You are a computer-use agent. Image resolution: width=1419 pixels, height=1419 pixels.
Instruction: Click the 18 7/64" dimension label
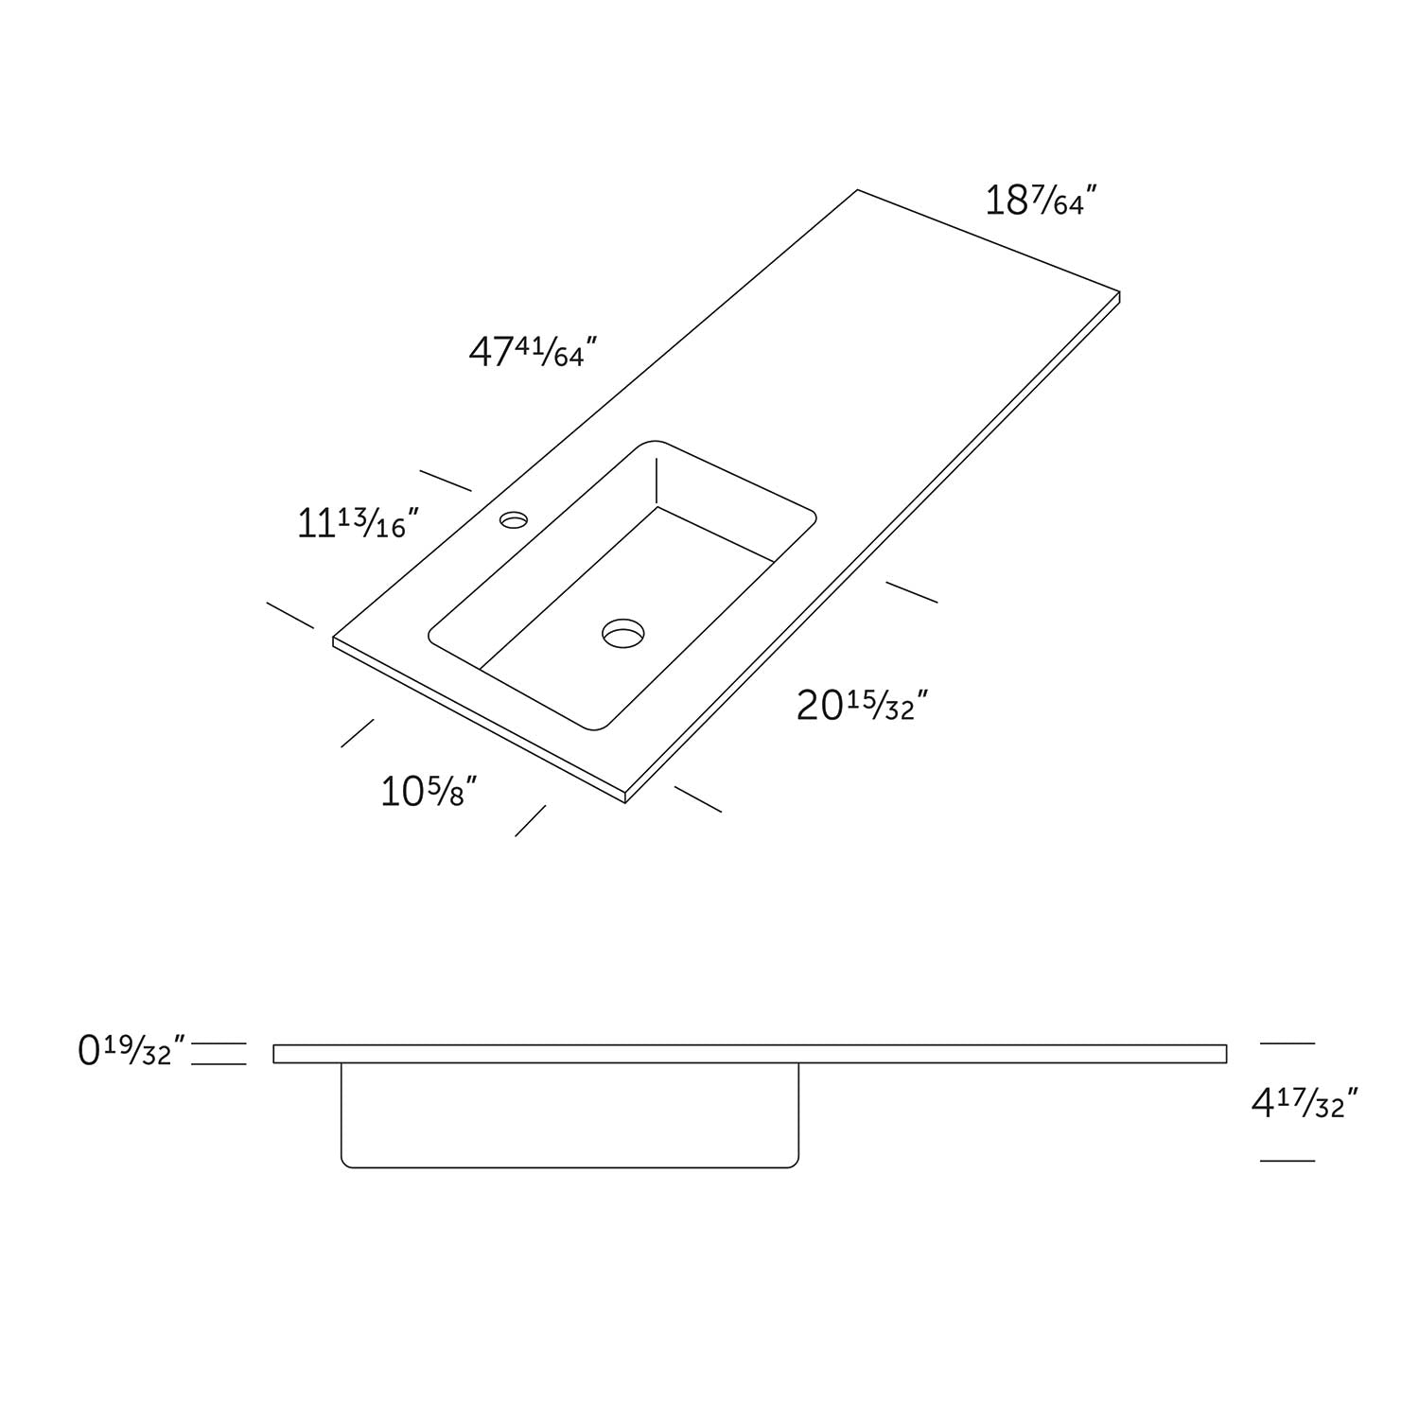click(1041, 201)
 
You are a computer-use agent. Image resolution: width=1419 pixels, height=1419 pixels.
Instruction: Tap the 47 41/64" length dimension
click(534, 352)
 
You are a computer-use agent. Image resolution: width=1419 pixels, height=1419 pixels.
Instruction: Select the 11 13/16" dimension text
click(358, 523)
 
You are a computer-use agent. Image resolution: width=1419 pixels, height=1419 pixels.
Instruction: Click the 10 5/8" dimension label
click(428, 792)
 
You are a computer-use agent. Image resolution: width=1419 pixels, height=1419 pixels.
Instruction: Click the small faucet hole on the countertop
click(515, 519)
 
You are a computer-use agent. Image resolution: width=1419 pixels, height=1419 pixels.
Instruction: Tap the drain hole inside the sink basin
click(622, 633)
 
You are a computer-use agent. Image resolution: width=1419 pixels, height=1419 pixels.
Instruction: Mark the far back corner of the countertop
click(858, 190)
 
